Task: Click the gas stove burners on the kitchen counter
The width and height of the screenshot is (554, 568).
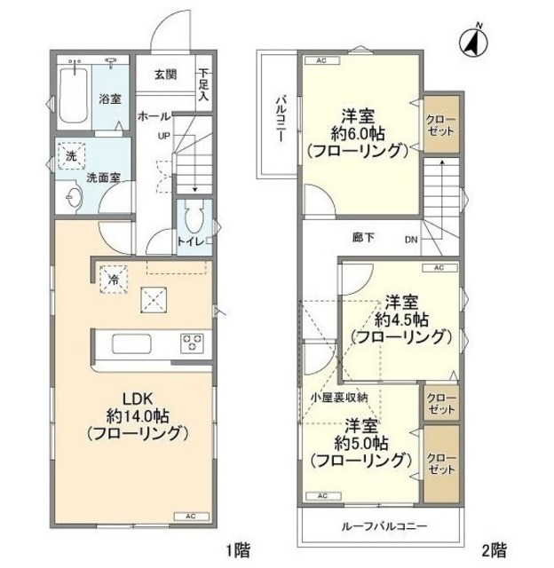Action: coord(193,342)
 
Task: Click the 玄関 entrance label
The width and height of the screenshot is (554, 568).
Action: coord(163,75)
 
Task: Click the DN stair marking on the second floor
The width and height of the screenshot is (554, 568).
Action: coord(411,239)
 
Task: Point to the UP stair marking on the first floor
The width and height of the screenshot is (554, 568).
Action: coord(164,136)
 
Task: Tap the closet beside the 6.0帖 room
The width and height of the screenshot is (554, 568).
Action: coord(439,124)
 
